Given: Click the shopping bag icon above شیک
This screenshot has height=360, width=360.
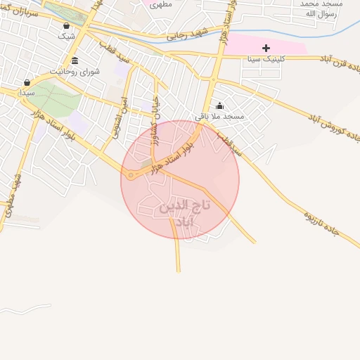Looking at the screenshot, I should click(66, 25).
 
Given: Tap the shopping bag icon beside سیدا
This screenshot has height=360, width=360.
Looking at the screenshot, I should click(27, 82).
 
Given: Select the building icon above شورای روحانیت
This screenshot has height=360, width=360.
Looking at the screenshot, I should click(75, 60).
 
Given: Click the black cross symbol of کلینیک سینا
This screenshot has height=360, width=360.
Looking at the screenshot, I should click(266, 48).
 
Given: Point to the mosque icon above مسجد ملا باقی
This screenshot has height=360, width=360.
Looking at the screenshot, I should click(219, 105).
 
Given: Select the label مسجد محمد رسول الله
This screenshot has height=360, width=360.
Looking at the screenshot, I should click(321, 8).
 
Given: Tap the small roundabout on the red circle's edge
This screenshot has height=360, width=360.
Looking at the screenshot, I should click(130, 175).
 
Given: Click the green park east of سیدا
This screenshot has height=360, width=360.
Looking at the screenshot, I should click(55, 98).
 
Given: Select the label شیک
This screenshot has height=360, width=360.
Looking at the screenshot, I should click(66, 35).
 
